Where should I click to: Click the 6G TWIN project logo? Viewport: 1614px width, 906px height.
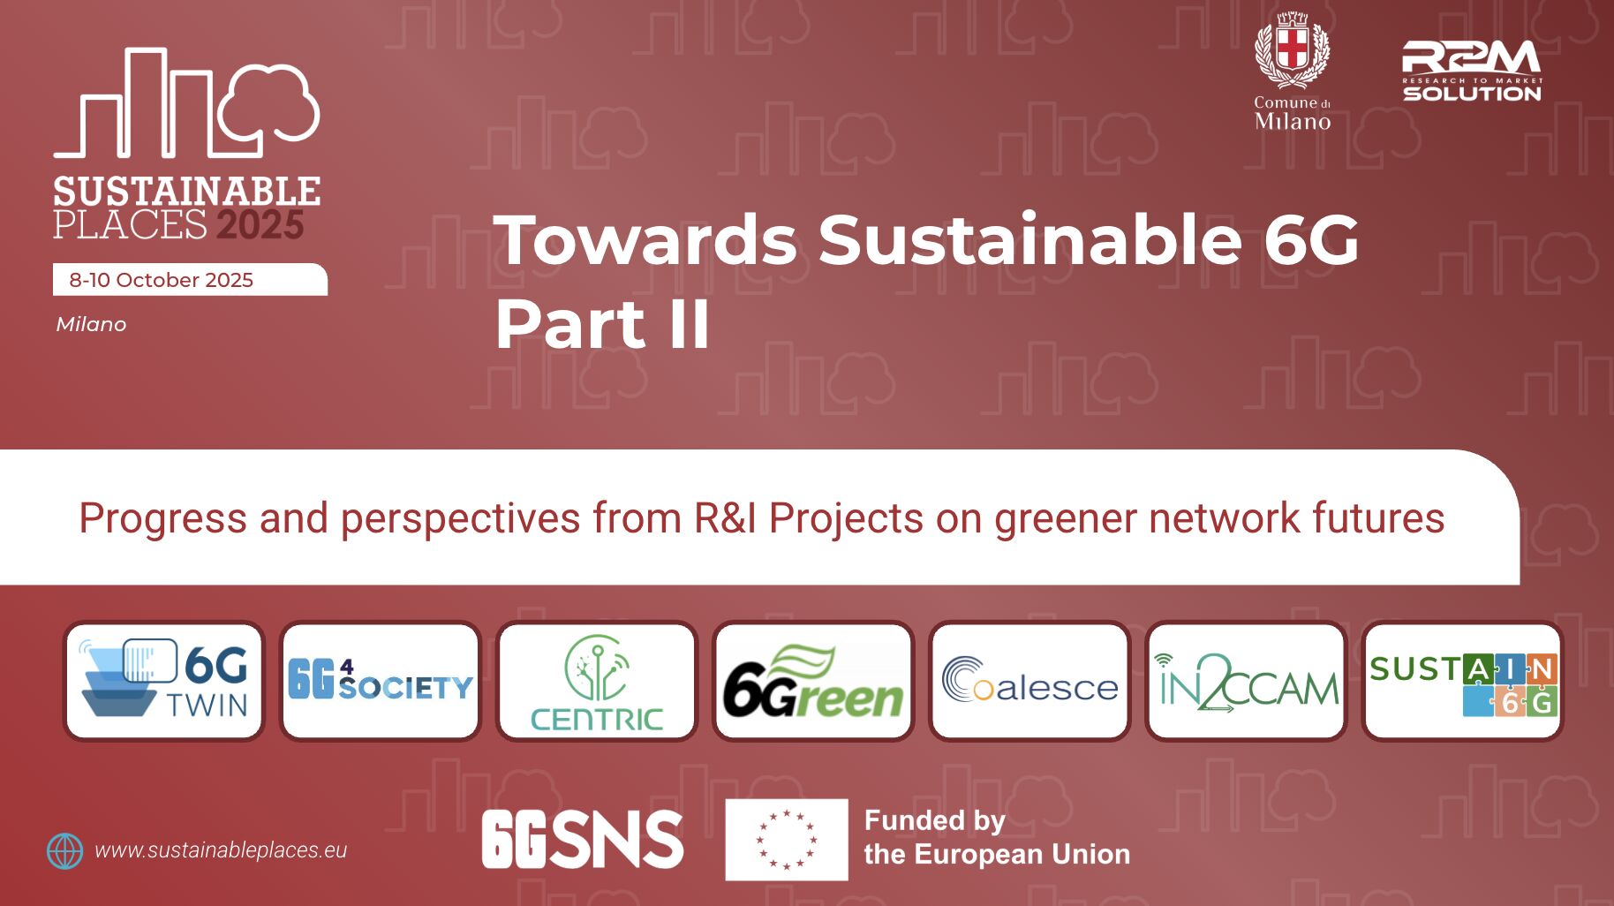click(x=164, y=681)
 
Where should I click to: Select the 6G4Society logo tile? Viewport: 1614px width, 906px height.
click(x=381, y=681)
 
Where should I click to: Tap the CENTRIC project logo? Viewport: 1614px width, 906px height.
click(x=597, y=681)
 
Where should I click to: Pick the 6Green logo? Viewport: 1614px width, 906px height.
click(x=813, y=681)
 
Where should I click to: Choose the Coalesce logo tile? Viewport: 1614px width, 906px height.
click(x=1029, y=681)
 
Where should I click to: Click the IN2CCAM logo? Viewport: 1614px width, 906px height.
click(x=1246, y=681)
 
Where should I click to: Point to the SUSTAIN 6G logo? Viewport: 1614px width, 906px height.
click(x=1462, y=681)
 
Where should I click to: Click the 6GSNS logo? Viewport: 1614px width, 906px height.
click(x=583, y=839)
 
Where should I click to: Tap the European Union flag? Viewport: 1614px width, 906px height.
click(x=787, y=840)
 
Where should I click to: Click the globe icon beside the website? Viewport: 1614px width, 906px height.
click(x=64, y=851)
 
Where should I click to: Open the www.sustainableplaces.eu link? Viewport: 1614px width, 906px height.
click(x=221, y=850)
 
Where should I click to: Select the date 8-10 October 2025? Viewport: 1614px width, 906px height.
click(x=161, y=280)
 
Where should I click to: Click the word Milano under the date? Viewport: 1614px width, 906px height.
click(x=91, y=324)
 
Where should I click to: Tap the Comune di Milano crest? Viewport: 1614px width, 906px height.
click(x=1293, y=50)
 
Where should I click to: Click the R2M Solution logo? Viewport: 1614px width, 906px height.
click(x=1472, y=71)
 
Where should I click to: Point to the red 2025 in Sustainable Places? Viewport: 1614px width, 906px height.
click(x=260, y=225)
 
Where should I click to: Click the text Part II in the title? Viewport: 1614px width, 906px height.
click(x=602, y=324)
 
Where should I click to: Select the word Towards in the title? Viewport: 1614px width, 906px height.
click(x=645, y=238)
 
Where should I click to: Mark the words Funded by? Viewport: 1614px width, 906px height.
click(x=935, y=821)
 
